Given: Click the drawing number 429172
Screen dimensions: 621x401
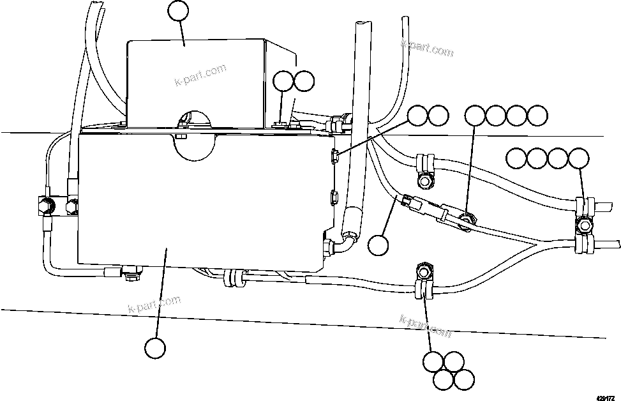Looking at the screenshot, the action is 606,396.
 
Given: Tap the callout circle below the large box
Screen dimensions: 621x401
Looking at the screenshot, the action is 155,349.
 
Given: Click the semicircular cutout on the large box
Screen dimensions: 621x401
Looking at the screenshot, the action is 193,148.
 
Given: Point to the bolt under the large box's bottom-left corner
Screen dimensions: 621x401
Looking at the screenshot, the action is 132,275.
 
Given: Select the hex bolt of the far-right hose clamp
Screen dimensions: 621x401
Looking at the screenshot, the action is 583,225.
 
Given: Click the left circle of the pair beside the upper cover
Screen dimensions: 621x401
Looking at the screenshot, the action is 283,81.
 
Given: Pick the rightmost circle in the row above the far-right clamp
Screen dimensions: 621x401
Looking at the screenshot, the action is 578,157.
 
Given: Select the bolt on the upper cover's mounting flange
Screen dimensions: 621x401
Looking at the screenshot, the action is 280,123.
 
